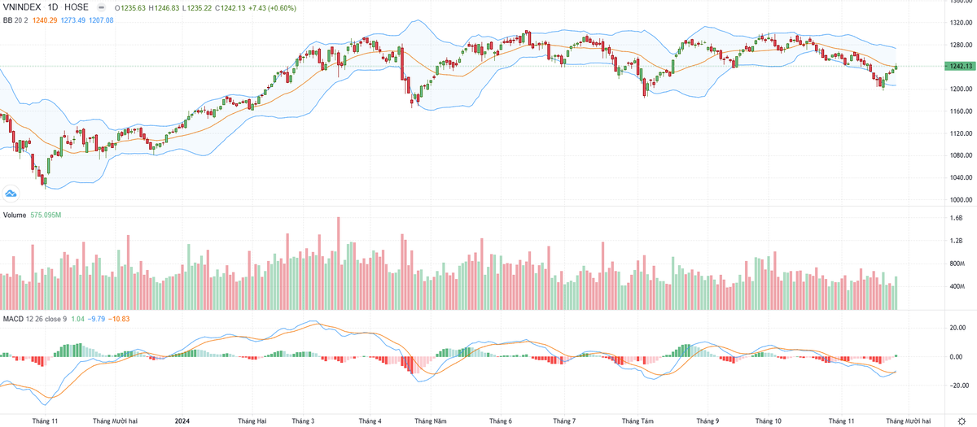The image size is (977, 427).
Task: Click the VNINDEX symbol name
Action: coord(21,7)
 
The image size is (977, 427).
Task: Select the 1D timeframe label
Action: coord(59,7)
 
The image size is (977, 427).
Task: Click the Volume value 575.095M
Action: coord(47,215)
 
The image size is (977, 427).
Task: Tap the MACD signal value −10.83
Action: coord(121,318)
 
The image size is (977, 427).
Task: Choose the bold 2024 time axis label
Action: coord(184,420)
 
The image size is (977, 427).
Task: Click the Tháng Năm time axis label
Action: coord(430,420)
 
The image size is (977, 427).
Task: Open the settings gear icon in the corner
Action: coord(961,420)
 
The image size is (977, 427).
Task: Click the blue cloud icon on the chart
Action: coord(11,193)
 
